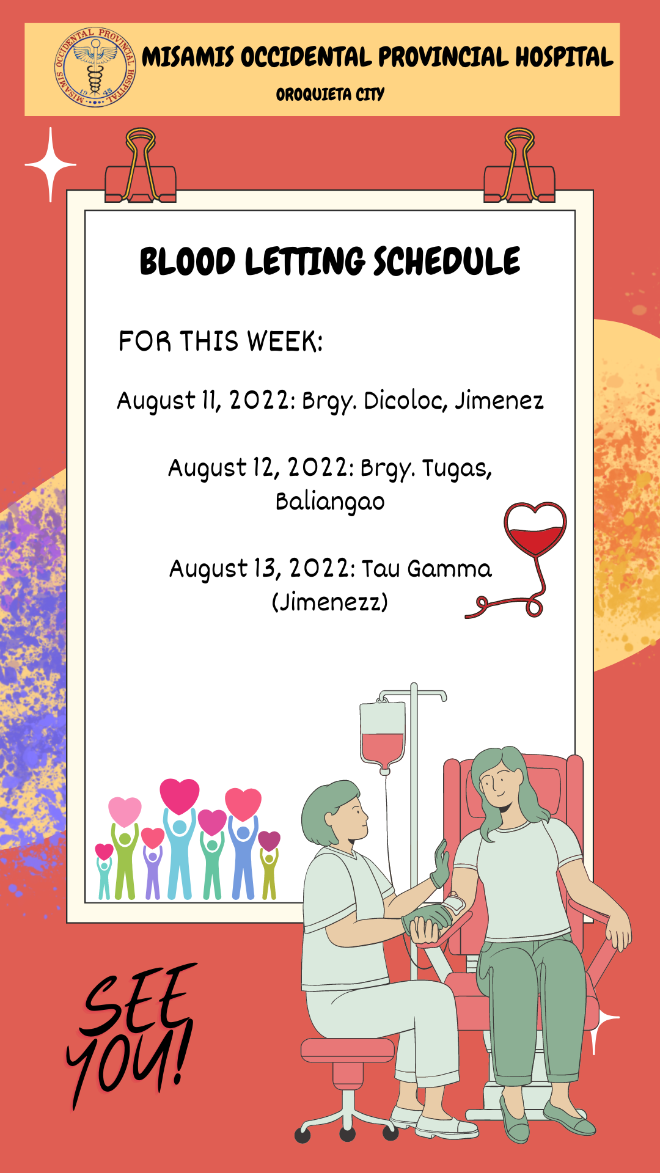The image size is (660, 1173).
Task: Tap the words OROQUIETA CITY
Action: tap(330, 95)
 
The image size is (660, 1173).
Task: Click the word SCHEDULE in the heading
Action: tap(447, 261)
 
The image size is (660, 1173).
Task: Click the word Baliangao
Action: tap(330, 502)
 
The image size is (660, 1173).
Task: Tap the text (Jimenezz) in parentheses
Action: tap(330, 602)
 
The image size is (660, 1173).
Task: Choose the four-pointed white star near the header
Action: tap(51, 164)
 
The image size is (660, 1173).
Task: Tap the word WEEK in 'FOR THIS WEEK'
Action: tap(284, 342)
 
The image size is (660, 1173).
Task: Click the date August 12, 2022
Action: tap(261, 468)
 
